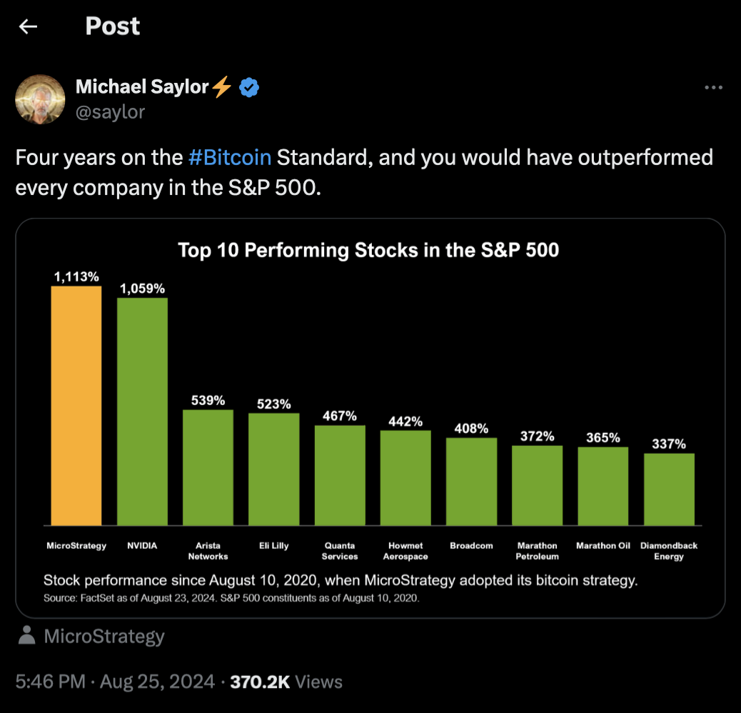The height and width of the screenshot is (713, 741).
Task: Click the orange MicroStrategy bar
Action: (x=76, y=406)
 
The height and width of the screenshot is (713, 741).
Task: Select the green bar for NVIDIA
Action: (x=142, y=412)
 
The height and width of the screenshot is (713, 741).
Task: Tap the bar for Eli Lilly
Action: (x=274, y=469)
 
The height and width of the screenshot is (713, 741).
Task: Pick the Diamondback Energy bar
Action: (x=669, y=489)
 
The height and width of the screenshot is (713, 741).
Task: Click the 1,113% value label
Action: (x=76, y=276)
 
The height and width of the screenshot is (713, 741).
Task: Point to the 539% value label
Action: (x=208, y=400)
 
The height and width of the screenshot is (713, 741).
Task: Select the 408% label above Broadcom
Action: (x=471, y=429)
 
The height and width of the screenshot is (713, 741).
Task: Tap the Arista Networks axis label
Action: (x=208, y=551)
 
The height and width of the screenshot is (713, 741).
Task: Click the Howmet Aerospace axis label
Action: (x=405, y=551)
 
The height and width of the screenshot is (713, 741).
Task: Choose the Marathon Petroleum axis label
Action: (x=537, y=551)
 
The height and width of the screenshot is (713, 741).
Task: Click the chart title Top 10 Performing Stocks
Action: (x=368, y=250)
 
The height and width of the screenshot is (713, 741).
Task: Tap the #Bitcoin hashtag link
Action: (x=230, y=157)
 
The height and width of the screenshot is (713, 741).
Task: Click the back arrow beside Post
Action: (x=28, y=26)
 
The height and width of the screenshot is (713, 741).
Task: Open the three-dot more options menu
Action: (x=713, y=88)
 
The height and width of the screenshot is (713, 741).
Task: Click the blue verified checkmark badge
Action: (x=248, y=88)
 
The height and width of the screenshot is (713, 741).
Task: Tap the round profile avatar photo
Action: (x=40, y=99)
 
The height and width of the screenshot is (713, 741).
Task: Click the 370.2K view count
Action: (x=260, y=682)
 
